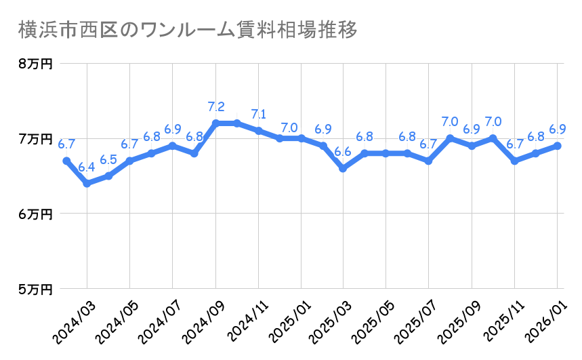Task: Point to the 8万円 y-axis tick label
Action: click(x=35, y=64)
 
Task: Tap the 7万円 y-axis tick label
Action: click(x=35, y=138)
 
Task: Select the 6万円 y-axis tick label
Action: click(x=35, y=214)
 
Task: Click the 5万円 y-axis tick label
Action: click(x=35, y=289)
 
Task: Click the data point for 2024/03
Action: click(x=87, y=184)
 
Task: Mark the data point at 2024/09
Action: click(x=215, y=123)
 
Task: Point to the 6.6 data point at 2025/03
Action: click(x=343, y=168)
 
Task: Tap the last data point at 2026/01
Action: click(x=557, y=146)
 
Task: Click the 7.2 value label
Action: click(x=215, y=106)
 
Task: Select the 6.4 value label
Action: click(x=87, y=167)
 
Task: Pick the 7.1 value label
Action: click(x=258, y=114)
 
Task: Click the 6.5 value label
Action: click(x=108, y=159)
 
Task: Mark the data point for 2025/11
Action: click(x=514, y=161)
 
